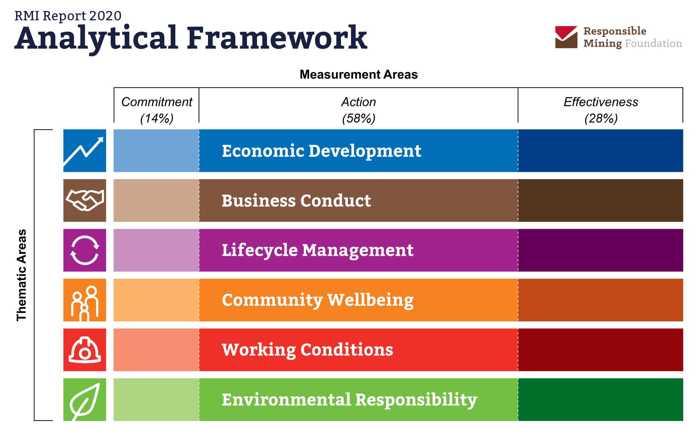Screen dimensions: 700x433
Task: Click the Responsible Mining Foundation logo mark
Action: [x=566, y=37]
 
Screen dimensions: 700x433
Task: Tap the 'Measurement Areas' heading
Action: [x=359, y=74]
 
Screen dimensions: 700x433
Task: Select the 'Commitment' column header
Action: [x=157, y=102]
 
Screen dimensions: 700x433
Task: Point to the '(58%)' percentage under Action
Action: [x=359, y=118]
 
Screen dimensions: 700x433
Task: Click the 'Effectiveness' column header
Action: [x=601, y=102]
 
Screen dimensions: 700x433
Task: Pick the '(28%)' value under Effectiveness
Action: [x=601, y=118]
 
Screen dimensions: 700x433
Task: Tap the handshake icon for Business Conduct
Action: [x=85, y=201]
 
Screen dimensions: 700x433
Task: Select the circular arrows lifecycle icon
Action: [x=85, y=250]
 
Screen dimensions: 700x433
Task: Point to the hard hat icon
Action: [x=85, y=350]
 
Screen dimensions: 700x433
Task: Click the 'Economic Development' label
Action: [x=321, y=151]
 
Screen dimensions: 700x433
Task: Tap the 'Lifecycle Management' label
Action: [x=318, y=250]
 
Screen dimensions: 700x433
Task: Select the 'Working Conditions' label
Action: [x=307, y=350]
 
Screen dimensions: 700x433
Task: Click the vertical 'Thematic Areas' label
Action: [x=21, y=275]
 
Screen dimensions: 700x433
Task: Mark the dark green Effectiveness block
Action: [x=601, y=399]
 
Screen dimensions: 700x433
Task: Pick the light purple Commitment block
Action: [x=156, y=250]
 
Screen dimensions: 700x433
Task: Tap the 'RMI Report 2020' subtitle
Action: [x=68, y=16]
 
